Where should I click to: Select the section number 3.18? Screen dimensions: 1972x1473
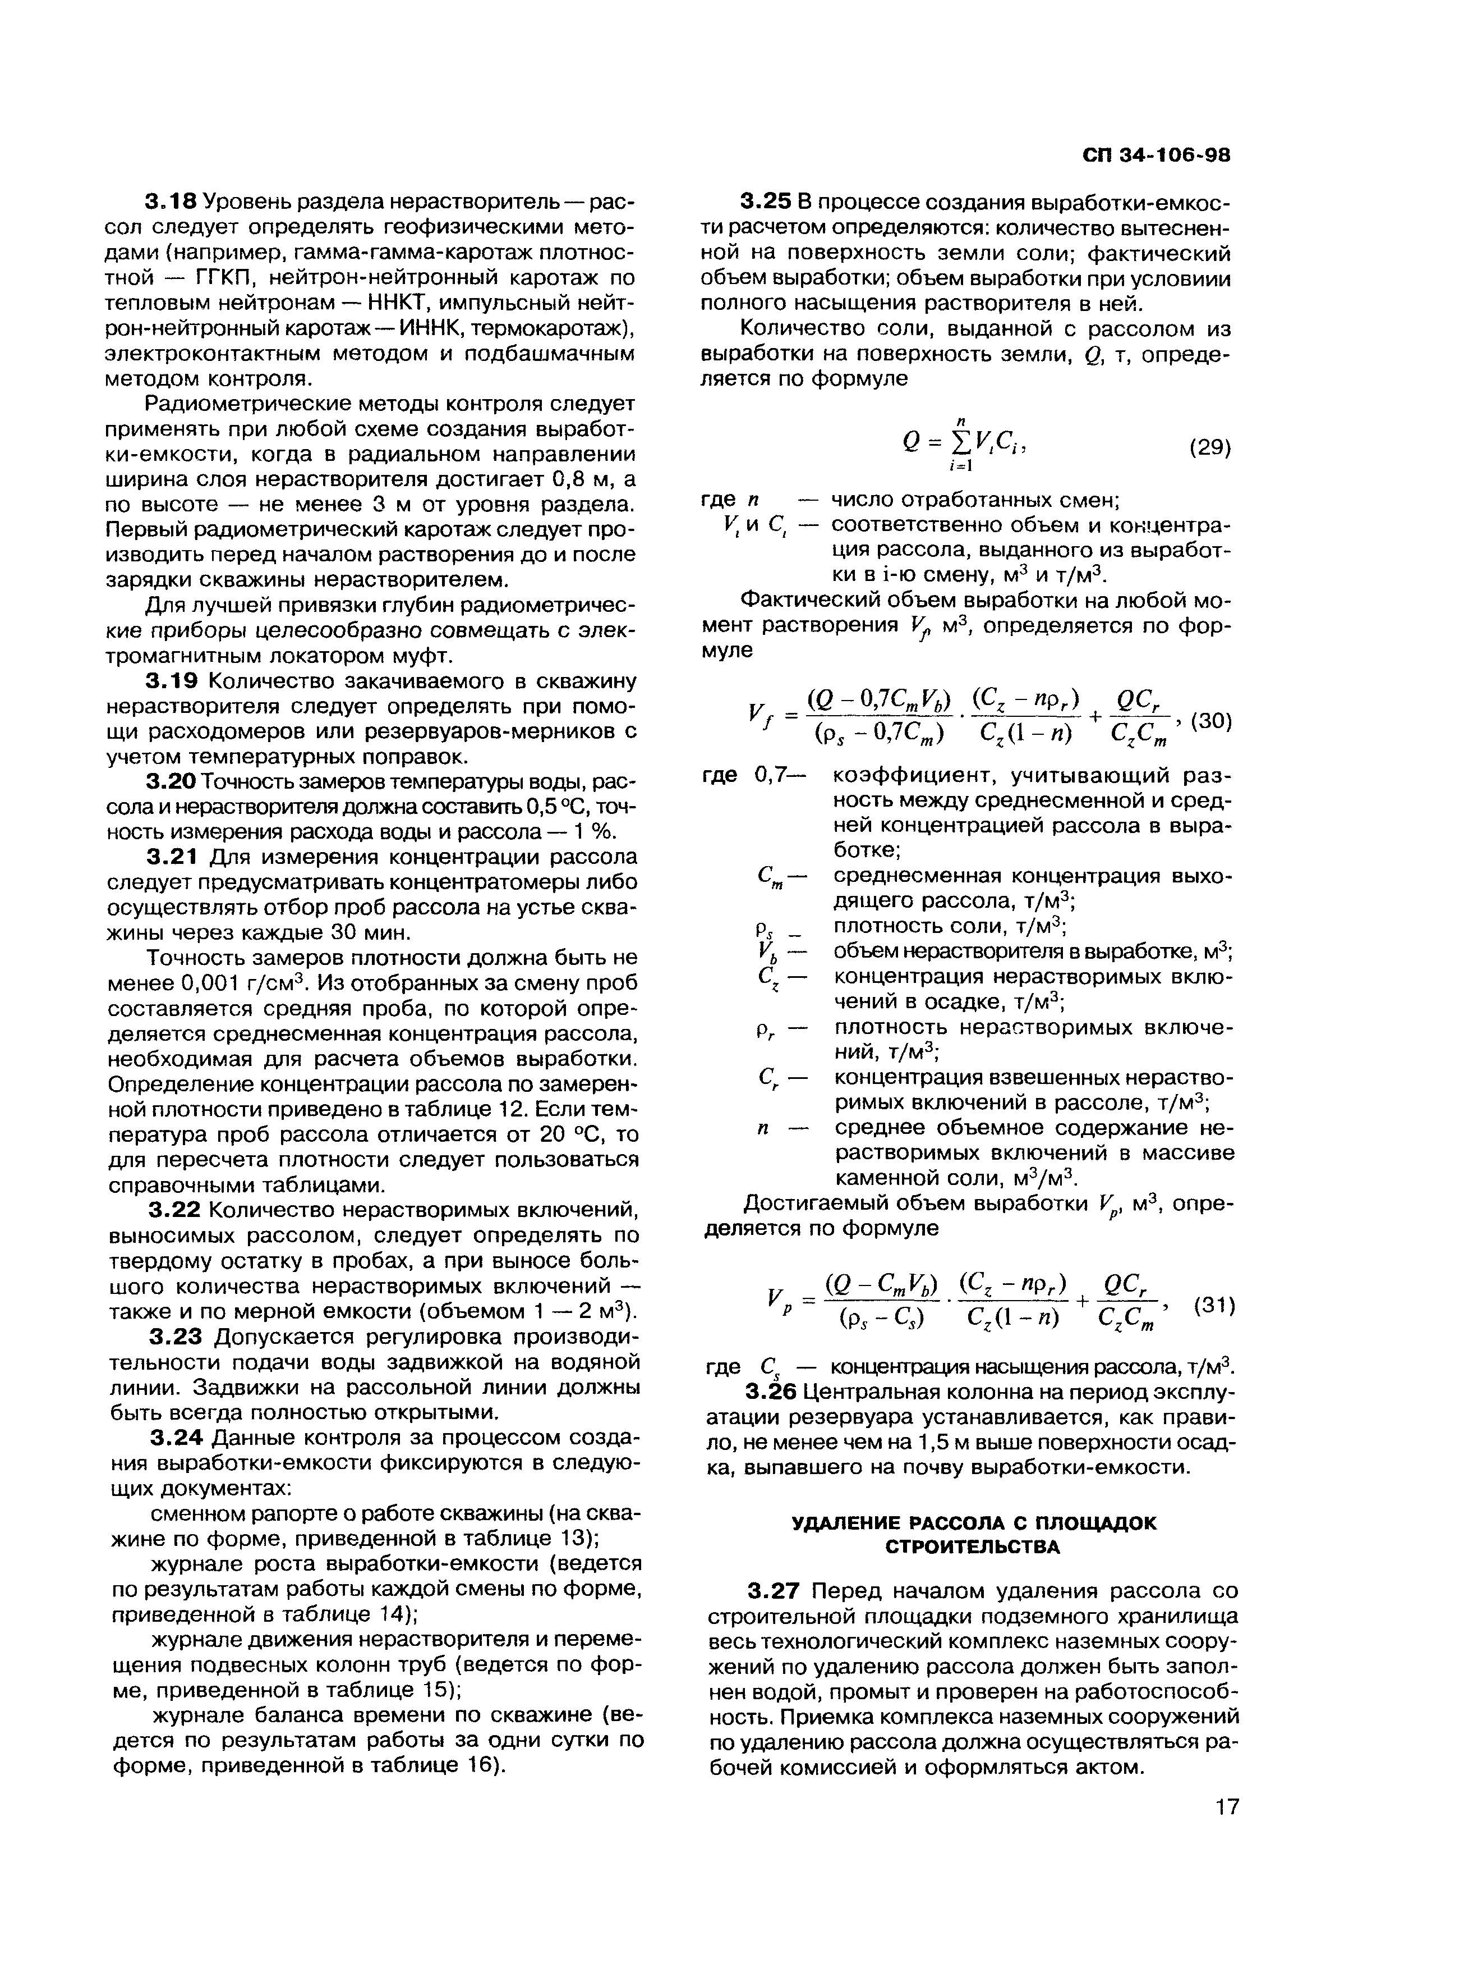[169, 203]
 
